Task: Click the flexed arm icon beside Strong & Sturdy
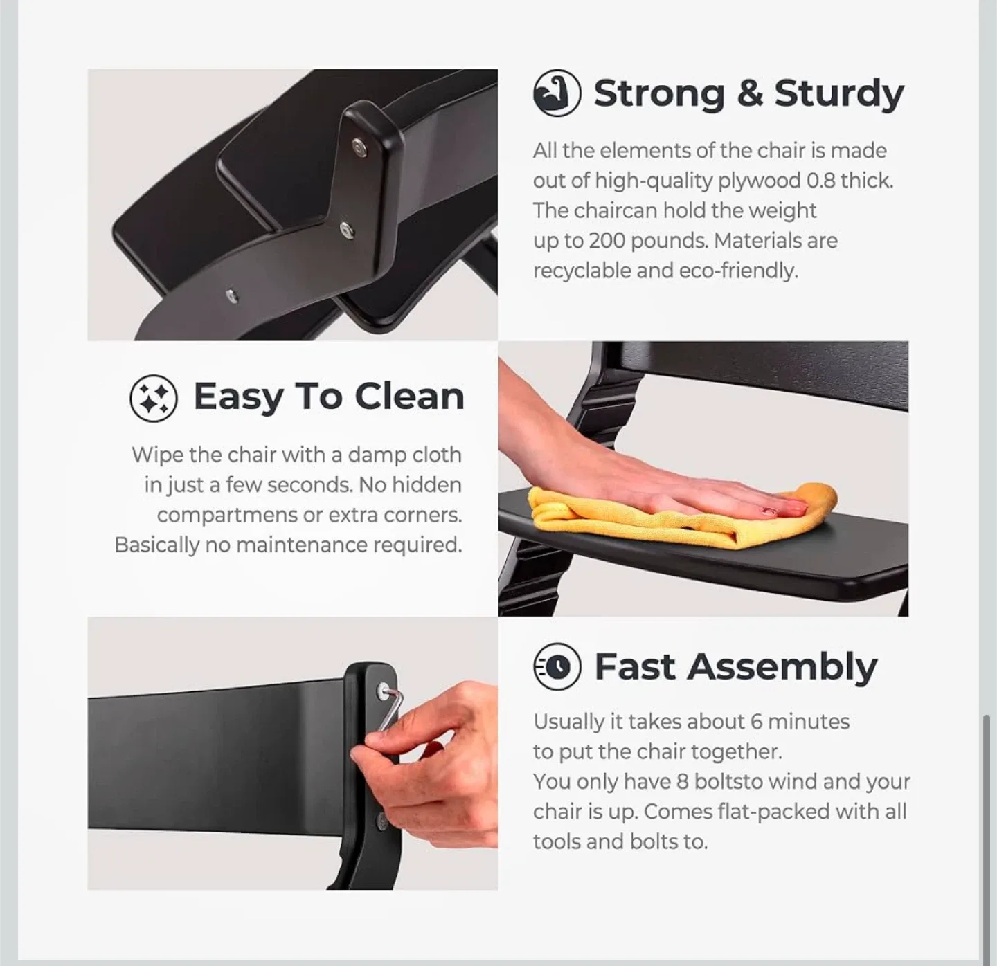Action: pos(557,93)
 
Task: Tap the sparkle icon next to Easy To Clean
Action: pos(154,398)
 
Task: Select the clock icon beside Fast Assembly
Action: pos(557,666)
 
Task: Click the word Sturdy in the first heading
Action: pos(838,94)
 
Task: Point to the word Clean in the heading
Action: pos(409,397)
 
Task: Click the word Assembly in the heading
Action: pos(782,668)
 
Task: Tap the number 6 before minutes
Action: pos(757,722)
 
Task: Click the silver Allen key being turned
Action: pos(390,711)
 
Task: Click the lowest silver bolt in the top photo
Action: pos(231,296)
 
